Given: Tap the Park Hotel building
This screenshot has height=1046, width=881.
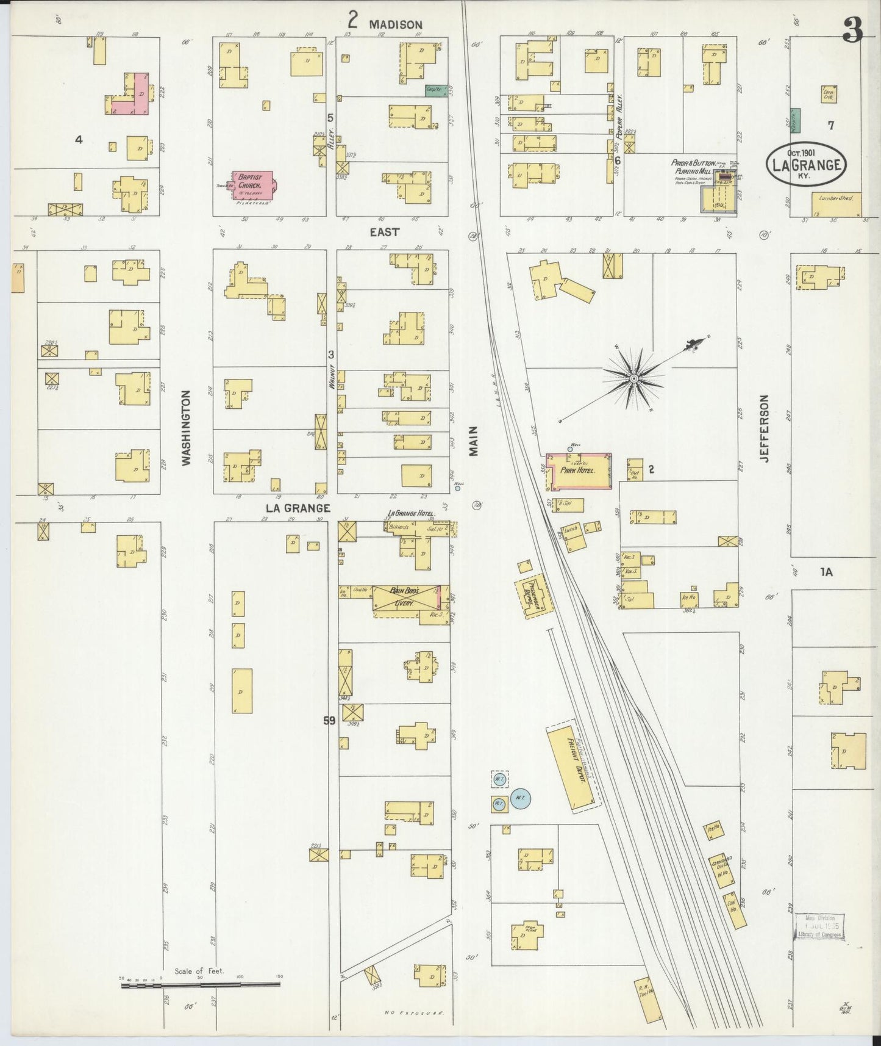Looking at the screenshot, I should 579,471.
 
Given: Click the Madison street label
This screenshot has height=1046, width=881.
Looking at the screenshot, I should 395,24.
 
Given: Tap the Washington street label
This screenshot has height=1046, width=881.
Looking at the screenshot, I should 187,428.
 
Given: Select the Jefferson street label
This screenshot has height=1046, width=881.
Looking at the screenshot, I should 765,428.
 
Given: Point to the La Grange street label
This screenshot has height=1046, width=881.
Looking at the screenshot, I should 297,508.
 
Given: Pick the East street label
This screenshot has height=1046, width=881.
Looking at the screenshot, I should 385,232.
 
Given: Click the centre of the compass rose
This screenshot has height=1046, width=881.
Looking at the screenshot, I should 634,379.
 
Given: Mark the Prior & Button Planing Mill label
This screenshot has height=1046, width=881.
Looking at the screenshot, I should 693,167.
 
